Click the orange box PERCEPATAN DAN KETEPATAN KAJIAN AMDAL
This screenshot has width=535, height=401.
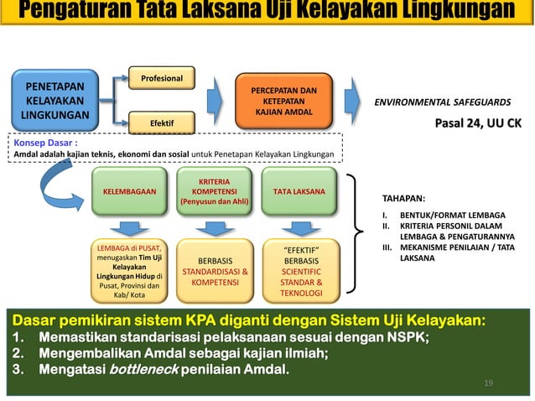coord(285,102)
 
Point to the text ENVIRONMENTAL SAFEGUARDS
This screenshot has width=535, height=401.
coord(442,102)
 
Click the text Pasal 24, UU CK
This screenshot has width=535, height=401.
coord(477,123)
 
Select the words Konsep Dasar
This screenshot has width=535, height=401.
coord(39,143)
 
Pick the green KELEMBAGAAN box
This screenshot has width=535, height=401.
coord(129,191)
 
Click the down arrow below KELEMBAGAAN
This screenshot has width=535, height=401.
coord(130,227)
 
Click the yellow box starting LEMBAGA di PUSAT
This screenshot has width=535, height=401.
coord(129,271)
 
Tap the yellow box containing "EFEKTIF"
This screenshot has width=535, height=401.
coord(300,271)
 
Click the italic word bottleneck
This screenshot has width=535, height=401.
coord(143,369)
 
